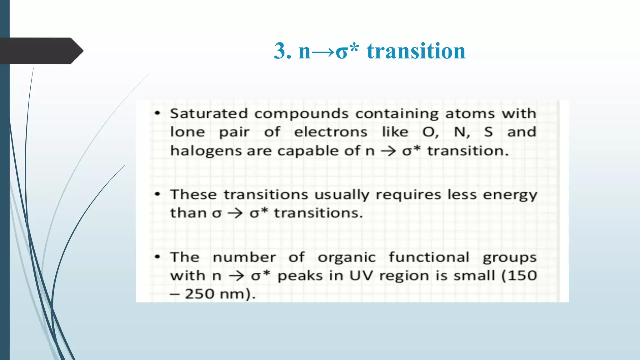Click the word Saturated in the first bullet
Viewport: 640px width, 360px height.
pyautogui.click(x=209, y=113)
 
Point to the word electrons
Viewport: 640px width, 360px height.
pyautogui.click(x=331, y=132)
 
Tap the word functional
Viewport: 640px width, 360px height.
pyautogui.click(x=429, y=257)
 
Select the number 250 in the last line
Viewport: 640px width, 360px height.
pyautogui.click(x=199, y=294)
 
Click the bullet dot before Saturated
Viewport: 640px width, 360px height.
pyautogui.click(x=158, y=113)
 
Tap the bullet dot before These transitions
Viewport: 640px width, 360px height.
pyautogui.click(x=158, y=195)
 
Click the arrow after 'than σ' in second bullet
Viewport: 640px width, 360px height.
pyautogui.click(x=235, y=213)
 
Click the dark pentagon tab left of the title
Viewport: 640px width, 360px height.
pyautogui.click(x=41, y=51)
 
